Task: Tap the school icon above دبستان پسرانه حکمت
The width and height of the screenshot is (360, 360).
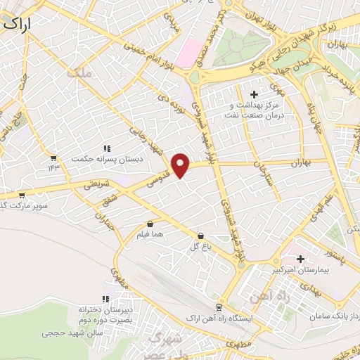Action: tap(107, 148)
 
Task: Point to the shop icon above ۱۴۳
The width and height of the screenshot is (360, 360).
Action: tap(54, 157)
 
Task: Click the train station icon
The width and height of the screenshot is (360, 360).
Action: tap(219, 307)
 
